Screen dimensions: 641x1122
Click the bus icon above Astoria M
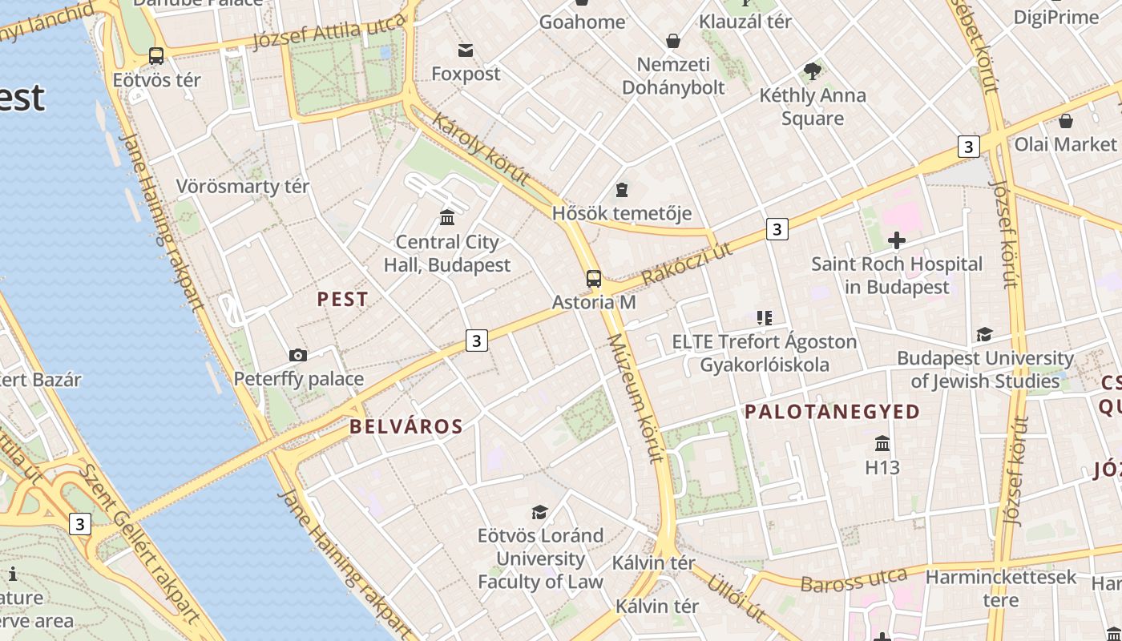pos(593,279)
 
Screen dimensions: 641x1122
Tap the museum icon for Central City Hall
pos(447,217)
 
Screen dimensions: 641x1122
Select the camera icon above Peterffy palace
pos(298,355)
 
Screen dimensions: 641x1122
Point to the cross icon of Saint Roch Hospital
pos(897,240)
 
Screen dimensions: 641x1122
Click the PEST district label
pos(343,300)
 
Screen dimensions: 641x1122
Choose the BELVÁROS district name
pos(406,426)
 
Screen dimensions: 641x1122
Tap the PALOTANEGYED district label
pos(833,412)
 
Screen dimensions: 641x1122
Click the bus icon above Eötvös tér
pos(156,56)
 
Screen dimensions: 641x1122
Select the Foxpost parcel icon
pos(466,50)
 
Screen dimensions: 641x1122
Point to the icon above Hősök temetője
pos(622,190)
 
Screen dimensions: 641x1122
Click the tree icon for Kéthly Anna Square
pos(813,71)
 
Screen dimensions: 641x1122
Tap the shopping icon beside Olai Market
pos(1066,121)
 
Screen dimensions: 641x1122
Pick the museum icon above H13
pos(882,443)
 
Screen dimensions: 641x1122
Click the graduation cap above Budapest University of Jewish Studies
pos(984,334)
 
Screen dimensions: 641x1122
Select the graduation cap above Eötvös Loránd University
pos(540,512)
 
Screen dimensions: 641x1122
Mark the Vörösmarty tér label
pos(242,187)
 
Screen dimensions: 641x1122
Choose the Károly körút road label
pos(481,148)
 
